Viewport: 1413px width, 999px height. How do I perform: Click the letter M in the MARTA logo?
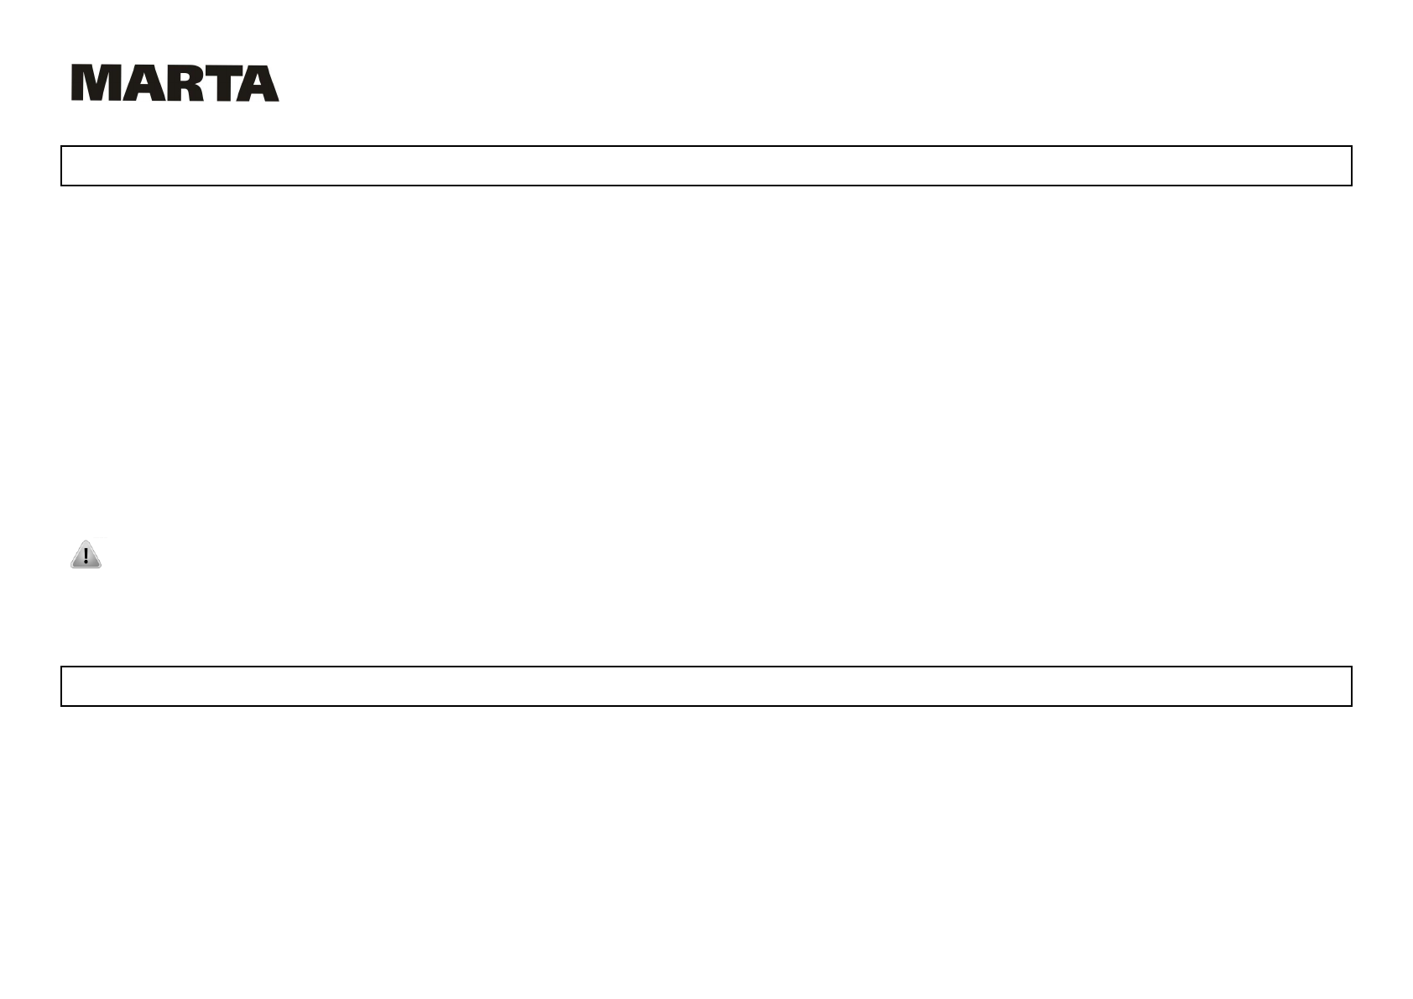point(93,84)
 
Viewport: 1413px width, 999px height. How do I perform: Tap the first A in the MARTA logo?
point(135,84)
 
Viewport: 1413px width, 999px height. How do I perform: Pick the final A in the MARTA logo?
point(257,84)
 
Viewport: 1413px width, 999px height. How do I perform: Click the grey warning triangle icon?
point(86,555)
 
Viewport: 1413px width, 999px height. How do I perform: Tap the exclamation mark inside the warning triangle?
point(86,557)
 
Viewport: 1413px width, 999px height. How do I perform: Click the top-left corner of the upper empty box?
point(61,147)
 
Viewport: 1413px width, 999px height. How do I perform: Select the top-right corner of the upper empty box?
point(1351,147)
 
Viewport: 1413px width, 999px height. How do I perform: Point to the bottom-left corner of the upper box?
point(61,185)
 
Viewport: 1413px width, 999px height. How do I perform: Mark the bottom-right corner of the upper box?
point(1351,185)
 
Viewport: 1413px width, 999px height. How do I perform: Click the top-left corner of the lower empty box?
point(61,667)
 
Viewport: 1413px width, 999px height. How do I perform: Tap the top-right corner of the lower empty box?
point(1351,667)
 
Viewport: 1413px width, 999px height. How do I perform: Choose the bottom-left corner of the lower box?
point(61,705)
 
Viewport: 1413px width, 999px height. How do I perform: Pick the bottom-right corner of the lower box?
point(1351,705)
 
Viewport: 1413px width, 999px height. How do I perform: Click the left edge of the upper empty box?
point(61,165)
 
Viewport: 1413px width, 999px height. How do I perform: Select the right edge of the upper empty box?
point(1351,165)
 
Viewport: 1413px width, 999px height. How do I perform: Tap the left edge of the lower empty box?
point(61,686)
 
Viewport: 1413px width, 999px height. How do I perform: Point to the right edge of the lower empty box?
point(1351,686)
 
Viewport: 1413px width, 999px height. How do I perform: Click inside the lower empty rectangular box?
point(706,686)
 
